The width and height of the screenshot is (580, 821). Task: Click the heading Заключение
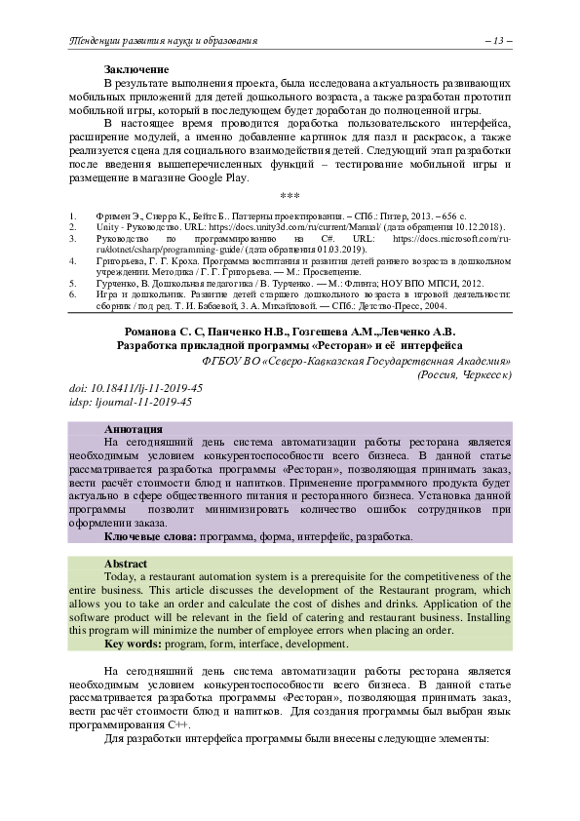click(136, 69)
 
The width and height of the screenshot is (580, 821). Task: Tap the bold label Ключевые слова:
click(150, 536)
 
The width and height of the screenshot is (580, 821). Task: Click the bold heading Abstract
click(126, 564)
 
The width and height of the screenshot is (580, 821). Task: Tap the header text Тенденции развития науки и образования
click(161, 40)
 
